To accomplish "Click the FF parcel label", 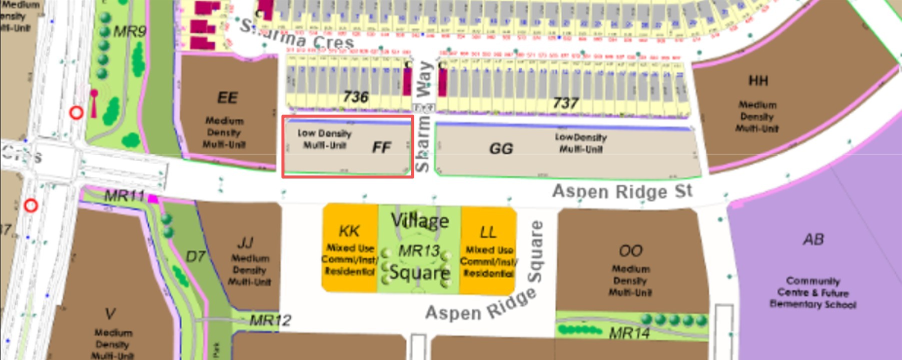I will click(381, 147).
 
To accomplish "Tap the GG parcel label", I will click(501, 148).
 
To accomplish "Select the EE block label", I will click(227, 97).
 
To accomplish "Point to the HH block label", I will click(758, 81).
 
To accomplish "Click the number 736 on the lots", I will click(356, 96).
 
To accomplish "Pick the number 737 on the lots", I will click(565, 103).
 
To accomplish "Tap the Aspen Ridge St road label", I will click(622, 191).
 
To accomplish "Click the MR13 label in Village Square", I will click(419, 251).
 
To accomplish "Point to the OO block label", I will click(630, 250).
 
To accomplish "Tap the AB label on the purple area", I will click(813, 239).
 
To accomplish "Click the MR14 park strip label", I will click(629, 333).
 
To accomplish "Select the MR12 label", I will click(270, 320).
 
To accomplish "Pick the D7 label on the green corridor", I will click(195, 257).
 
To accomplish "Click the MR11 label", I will click(124, 195).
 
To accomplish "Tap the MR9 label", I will click(130, 32).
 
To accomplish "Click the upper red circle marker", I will click(76, 112).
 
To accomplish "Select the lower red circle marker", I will click(31, 205).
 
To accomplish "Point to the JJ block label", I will click(245, 243).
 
